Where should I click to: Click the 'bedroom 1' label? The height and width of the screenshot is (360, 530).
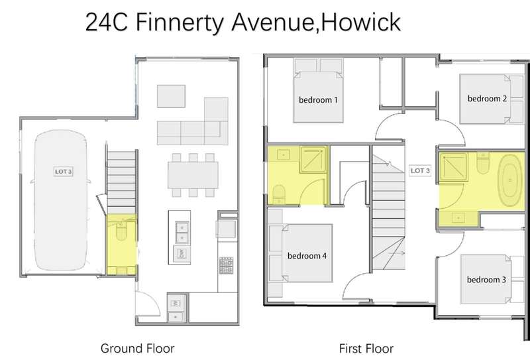tap(318, 100)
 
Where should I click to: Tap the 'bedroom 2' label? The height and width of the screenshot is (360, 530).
tap(487, 99)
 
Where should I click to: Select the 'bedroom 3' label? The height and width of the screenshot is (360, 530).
tap(486, 280)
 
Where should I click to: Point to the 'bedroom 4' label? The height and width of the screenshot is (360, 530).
tap(307, 256)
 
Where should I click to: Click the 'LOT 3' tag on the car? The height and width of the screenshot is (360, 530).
tap(63, 172)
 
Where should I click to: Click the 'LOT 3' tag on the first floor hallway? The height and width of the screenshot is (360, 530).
tap(420, 170)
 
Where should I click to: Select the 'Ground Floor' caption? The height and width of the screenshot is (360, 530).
tap(138, 348)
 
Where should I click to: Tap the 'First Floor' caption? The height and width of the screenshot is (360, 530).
tap(366, 348)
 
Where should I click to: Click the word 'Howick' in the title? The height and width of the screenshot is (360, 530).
tap(360, 23)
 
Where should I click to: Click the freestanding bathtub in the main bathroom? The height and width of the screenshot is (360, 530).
tap(510, 180)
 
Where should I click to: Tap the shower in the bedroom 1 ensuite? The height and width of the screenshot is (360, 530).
tap(313, 158)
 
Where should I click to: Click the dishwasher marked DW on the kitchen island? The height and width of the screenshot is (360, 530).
tap(182, 253)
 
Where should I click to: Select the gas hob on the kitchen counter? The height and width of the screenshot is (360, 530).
tap(226, 265)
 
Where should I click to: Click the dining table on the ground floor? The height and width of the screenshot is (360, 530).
tap(193, 175)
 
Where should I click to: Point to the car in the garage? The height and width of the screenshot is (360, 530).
tap(61, 200)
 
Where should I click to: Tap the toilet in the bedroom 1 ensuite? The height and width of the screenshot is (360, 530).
tap(279, 194)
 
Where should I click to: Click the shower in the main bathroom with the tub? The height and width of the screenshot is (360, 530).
tap(453, 166)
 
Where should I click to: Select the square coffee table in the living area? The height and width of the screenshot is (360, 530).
tap(171, 96)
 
